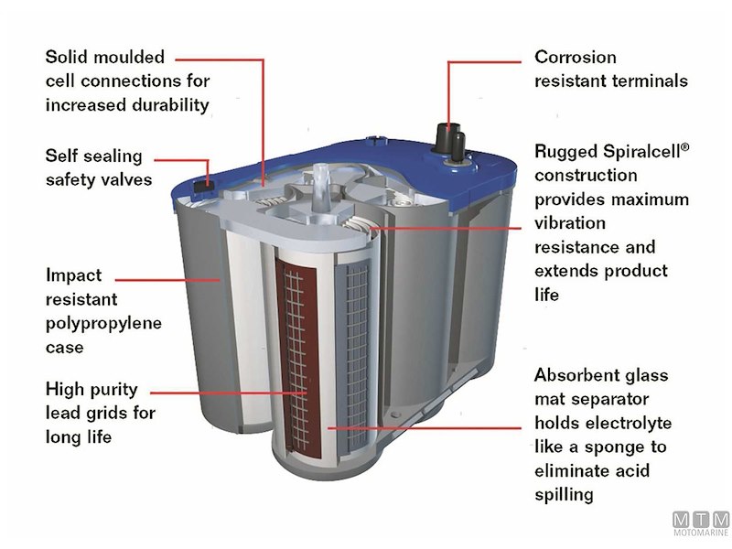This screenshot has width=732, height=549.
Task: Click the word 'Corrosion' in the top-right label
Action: pos(576,57)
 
